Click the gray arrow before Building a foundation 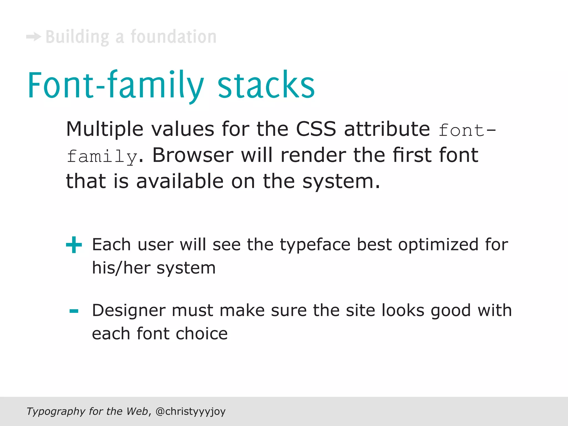[x=34, y=37]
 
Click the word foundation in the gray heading [x=173, y=37]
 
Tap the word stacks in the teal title [x=266, y=85]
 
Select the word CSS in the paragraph [x=316, y=129]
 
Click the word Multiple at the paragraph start [x=105, y=130]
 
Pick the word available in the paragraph [x=180, y=181]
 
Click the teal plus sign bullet [x=74, y=245]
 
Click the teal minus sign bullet [x=74, y=311]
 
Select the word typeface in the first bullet [x=315, y=245]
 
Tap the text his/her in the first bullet [x=121, y=268]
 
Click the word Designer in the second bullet [x=129, y=310]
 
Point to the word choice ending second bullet [x=202, y=334]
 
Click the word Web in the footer [x=137, y=411]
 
